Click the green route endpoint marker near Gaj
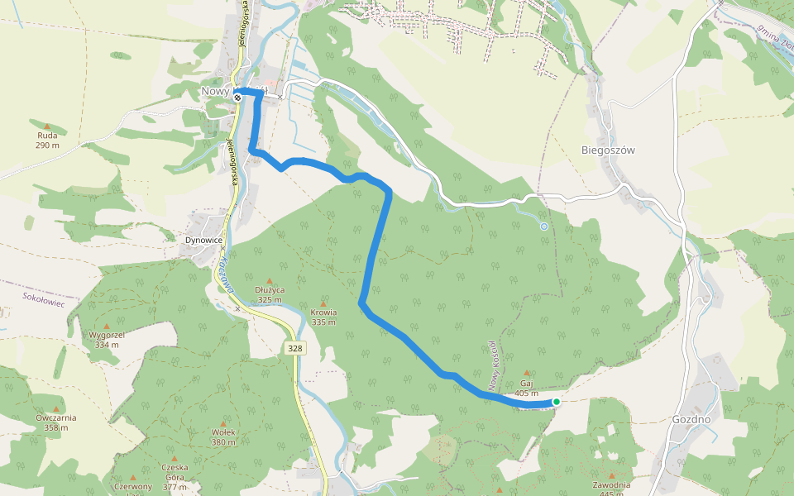pos(557,402)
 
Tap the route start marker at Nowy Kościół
pos(237,97)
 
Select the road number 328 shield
pos(295,349)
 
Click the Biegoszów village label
pos(607,150)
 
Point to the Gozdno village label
pos(691,419)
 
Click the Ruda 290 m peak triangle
pos(47,126)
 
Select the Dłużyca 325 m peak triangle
pos(270,280)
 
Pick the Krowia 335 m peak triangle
pos(323,303)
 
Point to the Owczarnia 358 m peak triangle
pos(56,408)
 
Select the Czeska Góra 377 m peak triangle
pos(175,458)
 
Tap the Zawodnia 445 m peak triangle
pos(612,475)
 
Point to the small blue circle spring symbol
pos(543,226)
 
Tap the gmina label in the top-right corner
pos(773,36)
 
